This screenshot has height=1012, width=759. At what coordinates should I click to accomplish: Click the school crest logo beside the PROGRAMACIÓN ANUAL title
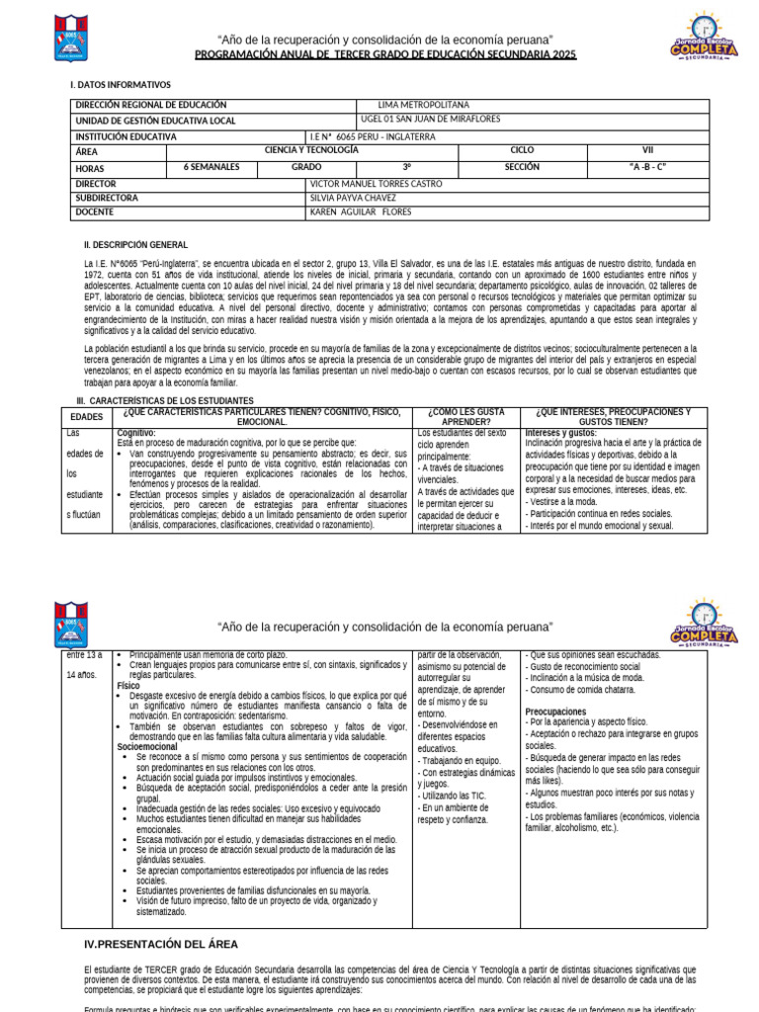pos(72,37)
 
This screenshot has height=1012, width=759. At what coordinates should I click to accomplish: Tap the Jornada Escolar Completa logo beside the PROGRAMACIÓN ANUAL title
pos(705,37)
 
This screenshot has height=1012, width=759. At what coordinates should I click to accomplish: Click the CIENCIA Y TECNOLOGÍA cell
pos(311,151)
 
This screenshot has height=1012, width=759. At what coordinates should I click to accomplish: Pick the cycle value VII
pos(648,151)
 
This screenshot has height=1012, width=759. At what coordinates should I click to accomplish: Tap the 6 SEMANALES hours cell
pos(211,168)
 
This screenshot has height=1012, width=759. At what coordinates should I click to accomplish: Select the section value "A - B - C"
pos(648,168)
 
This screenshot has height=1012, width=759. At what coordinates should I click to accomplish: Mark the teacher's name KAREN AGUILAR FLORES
pos(360,212)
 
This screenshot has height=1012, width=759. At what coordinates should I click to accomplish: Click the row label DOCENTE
pos(95,212)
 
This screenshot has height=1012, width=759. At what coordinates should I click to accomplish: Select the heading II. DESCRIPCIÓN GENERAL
pos(136,244)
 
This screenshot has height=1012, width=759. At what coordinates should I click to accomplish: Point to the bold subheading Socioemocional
pos(147,720)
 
